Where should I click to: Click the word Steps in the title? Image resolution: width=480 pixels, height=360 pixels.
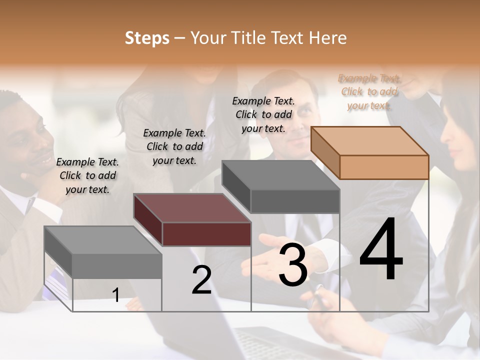tap(147, 38)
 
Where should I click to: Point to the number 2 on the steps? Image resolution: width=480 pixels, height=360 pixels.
tap(201, 279)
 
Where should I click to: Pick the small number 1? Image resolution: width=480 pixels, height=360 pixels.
tap(116, 295)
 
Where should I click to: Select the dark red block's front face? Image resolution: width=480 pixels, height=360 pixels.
tap(206, 234)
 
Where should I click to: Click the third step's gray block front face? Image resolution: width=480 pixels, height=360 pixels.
tap(295, 201)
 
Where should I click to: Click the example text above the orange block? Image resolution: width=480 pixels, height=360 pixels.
tap(369, 92)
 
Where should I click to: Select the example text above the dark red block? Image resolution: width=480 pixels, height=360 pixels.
tap(174, 146)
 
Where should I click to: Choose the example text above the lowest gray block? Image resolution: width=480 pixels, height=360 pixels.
tap(87, 175)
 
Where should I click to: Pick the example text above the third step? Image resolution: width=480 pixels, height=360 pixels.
tap(263, 114)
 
